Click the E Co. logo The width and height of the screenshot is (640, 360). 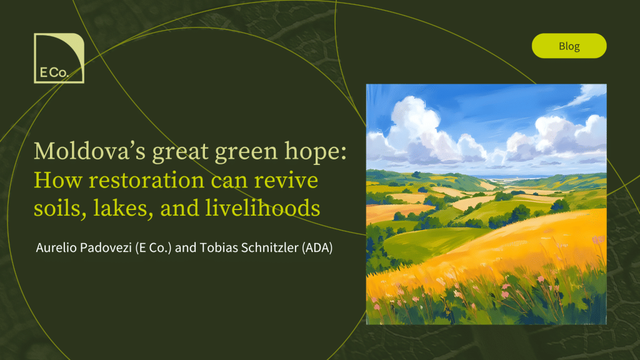pos(59,58)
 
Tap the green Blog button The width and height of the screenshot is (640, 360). pos(569,46)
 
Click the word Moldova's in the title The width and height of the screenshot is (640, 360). pos(89,151)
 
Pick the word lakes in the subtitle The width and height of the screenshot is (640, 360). pos(122,208)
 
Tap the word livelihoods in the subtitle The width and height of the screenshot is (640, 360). pos(262,207)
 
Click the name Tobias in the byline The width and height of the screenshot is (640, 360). pos(219,247)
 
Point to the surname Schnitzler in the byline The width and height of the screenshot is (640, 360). pos(270,247)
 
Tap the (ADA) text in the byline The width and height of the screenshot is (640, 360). pos(317,247)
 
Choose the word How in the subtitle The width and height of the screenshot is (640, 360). pos(58,181)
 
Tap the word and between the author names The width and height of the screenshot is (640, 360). pos(186,247)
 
